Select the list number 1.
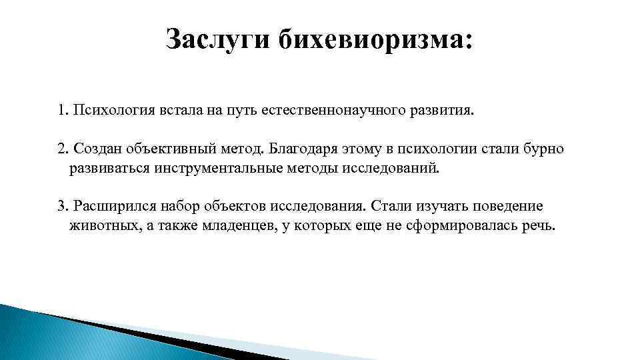61,109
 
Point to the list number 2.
61,148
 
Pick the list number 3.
61,205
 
